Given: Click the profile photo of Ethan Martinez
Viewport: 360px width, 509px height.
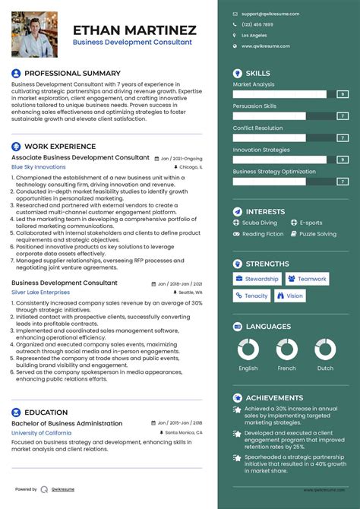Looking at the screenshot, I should (36, 34).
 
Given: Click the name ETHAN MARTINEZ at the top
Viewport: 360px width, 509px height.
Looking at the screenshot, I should (134, 30).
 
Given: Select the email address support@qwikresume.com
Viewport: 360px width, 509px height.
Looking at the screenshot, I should (270, 14).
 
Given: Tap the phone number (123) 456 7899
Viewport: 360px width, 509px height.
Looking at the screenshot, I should (257, 24).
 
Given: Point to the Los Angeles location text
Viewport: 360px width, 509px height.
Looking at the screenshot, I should (254, 36).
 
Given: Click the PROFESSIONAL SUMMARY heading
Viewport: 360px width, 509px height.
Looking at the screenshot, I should (62, 74).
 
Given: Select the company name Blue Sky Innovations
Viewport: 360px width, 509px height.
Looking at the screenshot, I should (39, 167).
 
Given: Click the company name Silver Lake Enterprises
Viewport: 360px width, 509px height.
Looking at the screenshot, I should (40, 292).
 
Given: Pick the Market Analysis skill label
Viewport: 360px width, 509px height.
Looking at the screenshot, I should (254, 84).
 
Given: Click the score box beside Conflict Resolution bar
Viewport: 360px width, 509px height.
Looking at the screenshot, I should (343, 138).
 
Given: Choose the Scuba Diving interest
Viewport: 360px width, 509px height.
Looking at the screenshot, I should (260, 223).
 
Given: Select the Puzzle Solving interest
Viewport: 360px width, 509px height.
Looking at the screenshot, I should (317, 234).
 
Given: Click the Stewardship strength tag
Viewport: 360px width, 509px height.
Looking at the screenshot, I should (257, 279).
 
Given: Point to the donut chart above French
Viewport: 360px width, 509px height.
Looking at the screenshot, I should (287, 350).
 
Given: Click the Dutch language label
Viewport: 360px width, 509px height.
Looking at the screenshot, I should (325, 368).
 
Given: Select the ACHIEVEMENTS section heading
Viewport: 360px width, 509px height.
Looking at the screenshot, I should (274, 397).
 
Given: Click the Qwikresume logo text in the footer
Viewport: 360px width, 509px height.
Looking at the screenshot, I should (64, 489).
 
